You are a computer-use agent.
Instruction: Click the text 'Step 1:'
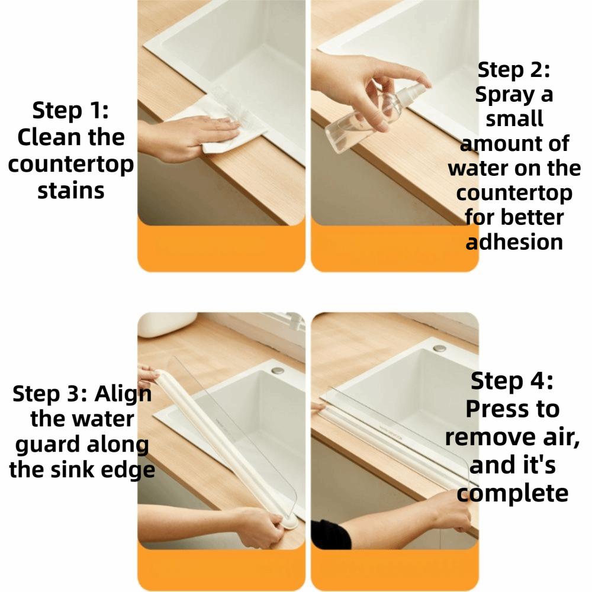[70, 110]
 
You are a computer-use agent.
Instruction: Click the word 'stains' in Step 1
[70, 191]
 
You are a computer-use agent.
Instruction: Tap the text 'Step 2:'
[514, 70]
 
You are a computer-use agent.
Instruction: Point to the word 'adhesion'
[514, 242]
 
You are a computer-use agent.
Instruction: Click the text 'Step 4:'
[511, 382]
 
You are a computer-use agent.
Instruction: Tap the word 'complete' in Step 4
[513, 492]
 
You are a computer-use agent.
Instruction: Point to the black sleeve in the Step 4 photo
[329, 535]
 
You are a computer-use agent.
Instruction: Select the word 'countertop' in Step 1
[70, 164]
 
